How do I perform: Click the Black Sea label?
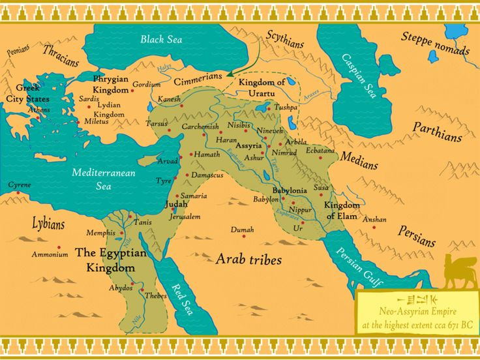click(x=161, y=39)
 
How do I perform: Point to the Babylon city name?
click(x=265, y=199)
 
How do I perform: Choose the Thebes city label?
click(x=155, y=295)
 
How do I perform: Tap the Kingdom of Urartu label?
click(x=262, y=88)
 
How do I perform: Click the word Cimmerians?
click(x=198, y=81)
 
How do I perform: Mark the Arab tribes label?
click(x=248, y=260)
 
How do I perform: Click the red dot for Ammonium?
click(x=59, y=247)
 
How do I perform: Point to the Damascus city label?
click(x=207, y=175)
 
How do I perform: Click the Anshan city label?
click(x=374, y=220)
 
